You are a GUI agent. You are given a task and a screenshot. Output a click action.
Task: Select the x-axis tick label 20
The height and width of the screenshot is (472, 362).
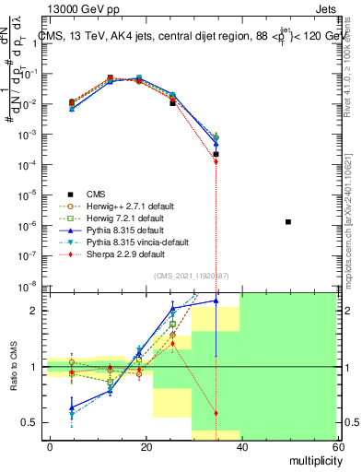pyautogui.click(x=146, y=446)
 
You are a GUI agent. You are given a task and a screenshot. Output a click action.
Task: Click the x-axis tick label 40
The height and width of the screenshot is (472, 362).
pyautogui.click(x=241, y=446)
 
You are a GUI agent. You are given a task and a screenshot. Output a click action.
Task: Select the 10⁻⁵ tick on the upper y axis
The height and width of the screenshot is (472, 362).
pyautogui.click(x=29, y=195)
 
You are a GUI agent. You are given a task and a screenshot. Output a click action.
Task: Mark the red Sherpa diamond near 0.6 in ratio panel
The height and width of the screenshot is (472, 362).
pyautogui.click(x=216, y=413)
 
